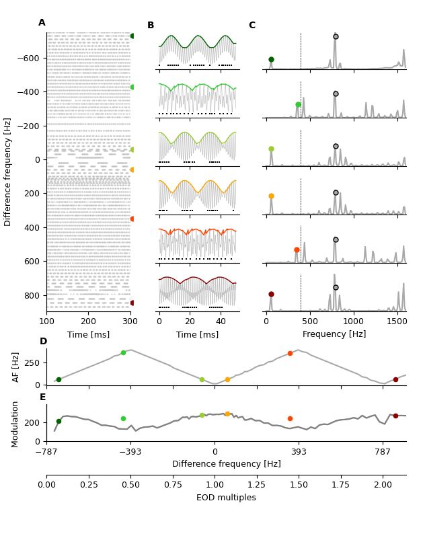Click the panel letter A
pyautogui.click(x=42, y=23)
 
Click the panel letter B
pyautogui.click(x=151, y=26)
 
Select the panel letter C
pyautogui.click(x=252, y=26)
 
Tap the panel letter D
pyautogui.click(x=43, y=342)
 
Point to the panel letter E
pyautogui.click(x=42, y=397)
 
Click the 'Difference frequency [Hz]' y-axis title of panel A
pyautogui.click(x=8, y=171)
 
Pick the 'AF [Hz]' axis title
pyautogui.click(x=16, y=367)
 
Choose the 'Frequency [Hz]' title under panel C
pyautogui.click(x=334, y=334)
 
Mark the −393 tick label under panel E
pyautogui.click(x=130, y=452)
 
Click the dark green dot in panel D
pyautogui.click(x=59, y=380)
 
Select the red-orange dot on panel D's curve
pyautogui.click(x=290, y=353)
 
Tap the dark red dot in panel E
pyautogui.click(x=395, y=416)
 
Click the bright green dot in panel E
pyautogui.click(x=123, y=418)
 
